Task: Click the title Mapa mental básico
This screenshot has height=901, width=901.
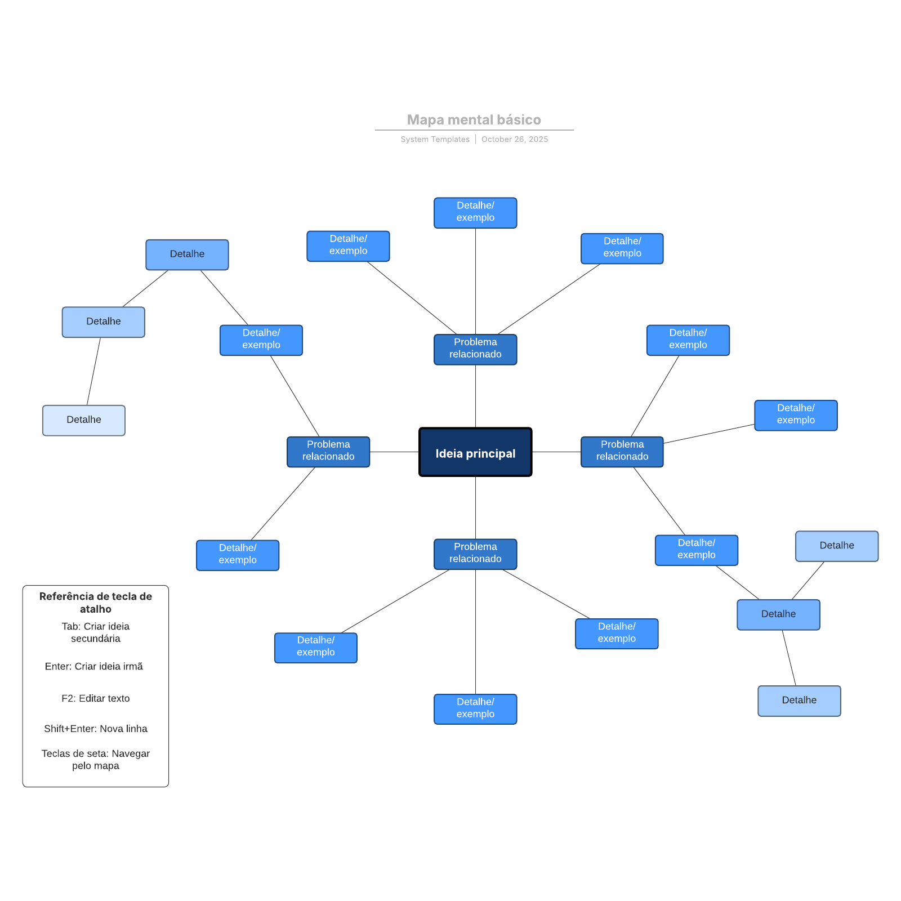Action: [x=474, y=120]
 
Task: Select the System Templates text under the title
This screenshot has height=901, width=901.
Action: [x=435, y=139]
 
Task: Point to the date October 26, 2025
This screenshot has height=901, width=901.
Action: [x=514, y=139]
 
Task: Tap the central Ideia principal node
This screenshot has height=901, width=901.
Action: [x=475, y=453]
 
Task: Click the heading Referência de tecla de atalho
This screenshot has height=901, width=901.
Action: [x=96, y=603]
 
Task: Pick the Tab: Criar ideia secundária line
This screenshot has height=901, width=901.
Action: [x=96, y=632]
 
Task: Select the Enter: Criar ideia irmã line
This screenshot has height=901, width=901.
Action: [x=94, y=666]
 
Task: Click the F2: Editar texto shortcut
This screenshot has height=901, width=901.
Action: [x=96, y=698]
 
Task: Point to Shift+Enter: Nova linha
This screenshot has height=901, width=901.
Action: [x=96, y=729]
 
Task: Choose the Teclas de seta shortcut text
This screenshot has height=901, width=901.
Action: [x=96, y=759]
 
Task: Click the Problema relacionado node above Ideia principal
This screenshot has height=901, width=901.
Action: [x=475, y=349]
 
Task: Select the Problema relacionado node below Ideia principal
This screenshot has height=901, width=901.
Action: [x=475, y=553]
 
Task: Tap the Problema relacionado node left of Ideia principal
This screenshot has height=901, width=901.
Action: [x=328, y=451]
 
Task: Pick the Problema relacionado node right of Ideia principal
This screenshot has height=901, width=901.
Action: [x=622, y=451]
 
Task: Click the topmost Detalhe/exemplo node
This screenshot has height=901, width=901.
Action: [x=475, y=212]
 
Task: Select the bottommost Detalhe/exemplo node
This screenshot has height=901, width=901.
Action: [x=475, y=708]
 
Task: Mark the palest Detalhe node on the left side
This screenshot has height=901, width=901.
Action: [x=84, y=420]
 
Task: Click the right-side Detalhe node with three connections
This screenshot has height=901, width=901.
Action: [x=778, y=614]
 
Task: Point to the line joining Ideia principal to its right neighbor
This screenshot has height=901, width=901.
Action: [x=556, y=452]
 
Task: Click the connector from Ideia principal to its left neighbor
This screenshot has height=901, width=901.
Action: [x=394, y=452]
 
